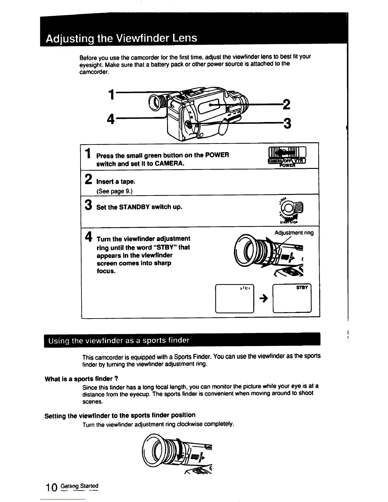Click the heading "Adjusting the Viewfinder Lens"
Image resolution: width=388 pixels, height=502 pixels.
click(x=121, y=39)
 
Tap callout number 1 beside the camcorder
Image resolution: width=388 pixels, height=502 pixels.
click(x=111, y=94)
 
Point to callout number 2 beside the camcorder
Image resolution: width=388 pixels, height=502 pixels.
click(x=286, y=104)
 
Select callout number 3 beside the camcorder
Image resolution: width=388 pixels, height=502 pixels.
click(x=287, y=124)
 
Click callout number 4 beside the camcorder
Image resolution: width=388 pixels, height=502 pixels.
click(x=111, y=119)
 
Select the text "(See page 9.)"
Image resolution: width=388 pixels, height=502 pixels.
click(x=114, y=191)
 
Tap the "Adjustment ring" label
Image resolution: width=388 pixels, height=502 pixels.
click(x=294, y=233)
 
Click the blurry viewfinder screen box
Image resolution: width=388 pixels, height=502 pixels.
click(x=234, y=299)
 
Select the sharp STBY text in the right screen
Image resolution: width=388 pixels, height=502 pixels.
click(x=302, y=288)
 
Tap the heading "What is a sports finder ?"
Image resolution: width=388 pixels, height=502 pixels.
click(x=82, y=379)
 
